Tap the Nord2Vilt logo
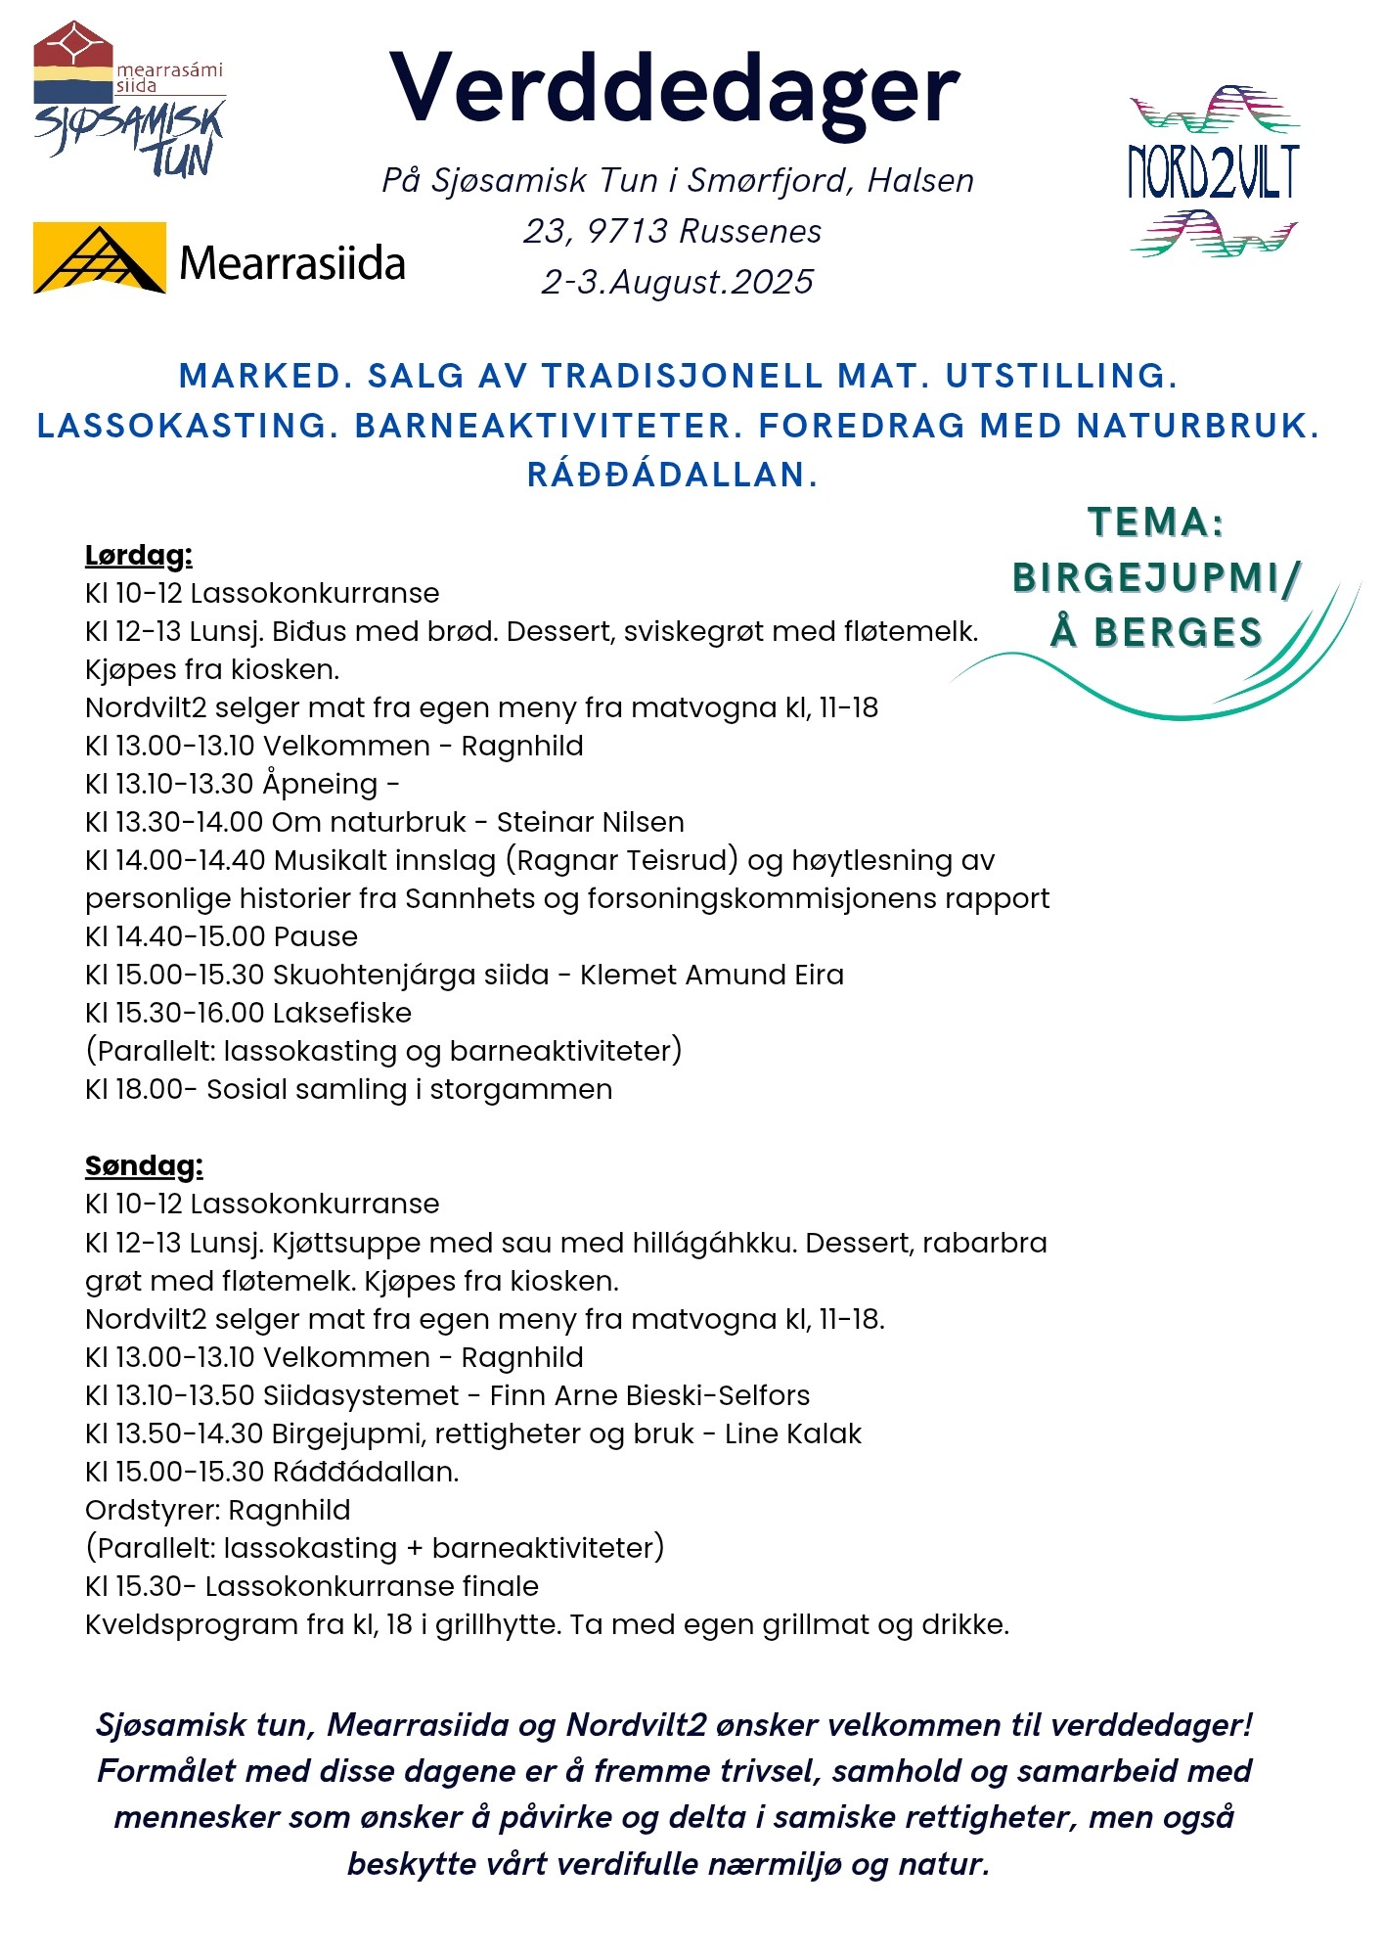pos(1213,172)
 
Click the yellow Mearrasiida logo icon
pos(99,258)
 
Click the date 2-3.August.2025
pos(677,282)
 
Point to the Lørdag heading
pos(139,556)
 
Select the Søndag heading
pos(144,1166)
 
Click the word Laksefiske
pos(342,1013)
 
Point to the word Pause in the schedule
pos(315,936)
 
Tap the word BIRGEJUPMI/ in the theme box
pos(1156,577)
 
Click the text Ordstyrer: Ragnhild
pos(218,1510)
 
